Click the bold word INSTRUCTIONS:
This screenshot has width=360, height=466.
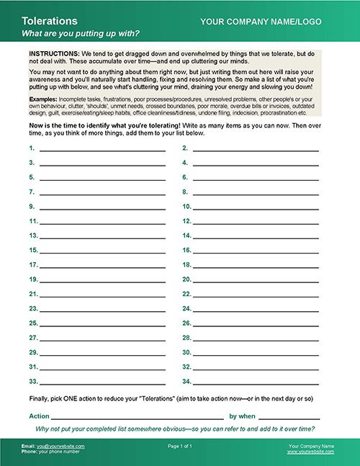(55, 55)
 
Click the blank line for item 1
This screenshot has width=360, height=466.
(102, 150)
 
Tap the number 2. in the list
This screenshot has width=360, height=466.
(185, 148)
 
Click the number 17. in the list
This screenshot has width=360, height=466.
(33, 264)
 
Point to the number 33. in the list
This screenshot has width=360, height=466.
(33, 381)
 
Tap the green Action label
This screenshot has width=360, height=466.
(39, 416)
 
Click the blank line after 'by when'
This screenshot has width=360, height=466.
(289, 418)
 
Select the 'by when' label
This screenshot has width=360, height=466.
(242, 416)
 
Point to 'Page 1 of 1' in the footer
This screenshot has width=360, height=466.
(180, 447)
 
